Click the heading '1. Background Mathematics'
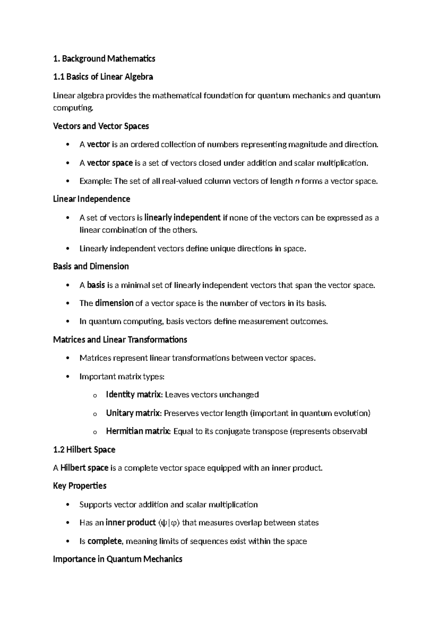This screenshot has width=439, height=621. (x=104, y=59)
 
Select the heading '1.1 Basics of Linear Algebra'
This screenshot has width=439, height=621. (x=103, y=77)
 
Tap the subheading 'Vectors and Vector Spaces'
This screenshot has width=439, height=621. (x=101, y=126)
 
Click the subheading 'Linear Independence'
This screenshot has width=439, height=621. (x=91, y=199)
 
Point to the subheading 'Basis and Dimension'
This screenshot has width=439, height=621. (x=91, y=267)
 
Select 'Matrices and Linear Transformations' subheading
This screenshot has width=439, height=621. (x=120, y=340)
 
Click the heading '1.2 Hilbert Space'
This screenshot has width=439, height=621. (x=84, y=450)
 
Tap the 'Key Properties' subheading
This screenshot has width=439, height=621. (x=80, y=486)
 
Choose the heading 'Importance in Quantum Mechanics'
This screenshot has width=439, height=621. (x=117, y=559)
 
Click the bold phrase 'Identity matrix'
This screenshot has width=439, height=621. (x=134, y=395)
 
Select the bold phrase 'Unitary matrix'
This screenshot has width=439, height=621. (x=133, y=413)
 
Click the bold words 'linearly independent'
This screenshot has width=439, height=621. (x=183, y=218)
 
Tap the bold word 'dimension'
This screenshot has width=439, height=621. (x=114, y=303)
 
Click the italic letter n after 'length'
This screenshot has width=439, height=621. (x=296, y=181)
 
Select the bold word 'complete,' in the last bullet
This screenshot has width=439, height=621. (x=105, y=541)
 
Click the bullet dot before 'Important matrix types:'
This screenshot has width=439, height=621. (x=67, y=377)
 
